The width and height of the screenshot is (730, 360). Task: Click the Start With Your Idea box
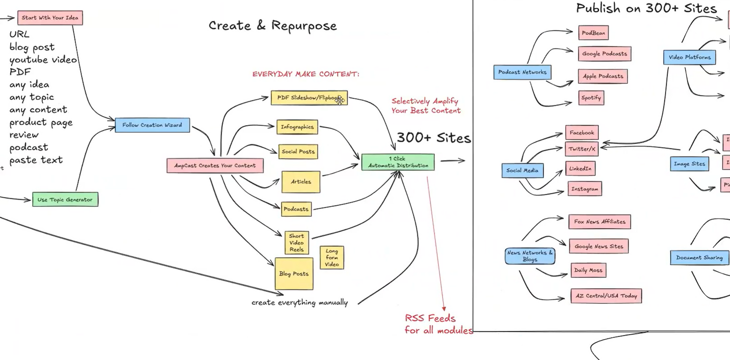click(x=50, y=18)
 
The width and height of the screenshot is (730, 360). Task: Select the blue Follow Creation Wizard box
click(x=152, y=125)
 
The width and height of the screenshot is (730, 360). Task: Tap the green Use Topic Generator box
click(x=65, y=200)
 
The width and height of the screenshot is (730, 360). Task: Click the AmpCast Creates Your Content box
click(x=215, y=166)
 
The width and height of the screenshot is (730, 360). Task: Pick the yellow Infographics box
click(x=297, y=127)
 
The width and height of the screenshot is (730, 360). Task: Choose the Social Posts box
click(x=298, y=152)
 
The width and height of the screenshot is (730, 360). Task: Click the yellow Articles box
click(x=301, y=182)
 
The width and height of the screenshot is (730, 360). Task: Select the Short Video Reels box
click(x=297, y=243)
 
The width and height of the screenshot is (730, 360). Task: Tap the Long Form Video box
click(x=332, y=258)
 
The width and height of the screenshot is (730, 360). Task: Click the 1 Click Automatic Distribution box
click(x=398, y=162)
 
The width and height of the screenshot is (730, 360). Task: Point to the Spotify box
click(x=591, y=98)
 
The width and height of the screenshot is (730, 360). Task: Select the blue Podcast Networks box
click(x=522, y=72)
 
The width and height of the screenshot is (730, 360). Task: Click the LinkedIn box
click(x=580, y=168)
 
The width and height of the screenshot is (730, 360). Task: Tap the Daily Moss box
click(x=588, y=270)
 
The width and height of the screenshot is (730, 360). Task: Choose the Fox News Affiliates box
click(x=600, y=222)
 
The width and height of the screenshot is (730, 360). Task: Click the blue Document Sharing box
click(x=699, y=258)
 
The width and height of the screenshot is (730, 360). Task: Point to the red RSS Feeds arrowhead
click(x=444, y=309)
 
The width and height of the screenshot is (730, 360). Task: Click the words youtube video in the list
click(x=43, y=60)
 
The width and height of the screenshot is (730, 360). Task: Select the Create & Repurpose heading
click(x=273, y=26)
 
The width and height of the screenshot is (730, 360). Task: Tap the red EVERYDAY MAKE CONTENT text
click(x=306, y=74)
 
